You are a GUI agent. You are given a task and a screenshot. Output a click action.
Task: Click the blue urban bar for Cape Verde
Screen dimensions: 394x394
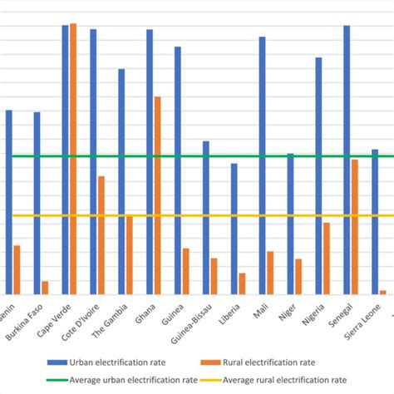point(66,159)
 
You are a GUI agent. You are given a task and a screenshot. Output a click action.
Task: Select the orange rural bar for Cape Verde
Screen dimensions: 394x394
point(73,158)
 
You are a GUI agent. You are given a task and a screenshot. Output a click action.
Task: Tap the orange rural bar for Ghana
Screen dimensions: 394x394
point(157,195)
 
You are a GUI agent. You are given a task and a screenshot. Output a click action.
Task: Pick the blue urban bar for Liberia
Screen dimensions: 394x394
point(234,228)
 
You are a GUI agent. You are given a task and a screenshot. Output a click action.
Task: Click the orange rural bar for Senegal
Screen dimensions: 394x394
point(354,226)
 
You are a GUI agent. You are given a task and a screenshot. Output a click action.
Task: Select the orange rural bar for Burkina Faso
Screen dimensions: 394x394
point(45,287)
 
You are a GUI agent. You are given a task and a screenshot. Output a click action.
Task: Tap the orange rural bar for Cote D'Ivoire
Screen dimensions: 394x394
point(101,234)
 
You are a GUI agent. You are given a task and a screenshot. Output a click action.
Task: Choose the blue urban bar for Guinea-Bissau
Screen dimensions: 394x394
point(206,217)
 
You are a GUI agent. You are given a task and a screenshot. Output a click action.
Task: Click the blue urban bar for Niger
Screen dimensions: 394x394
point(290,223)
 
